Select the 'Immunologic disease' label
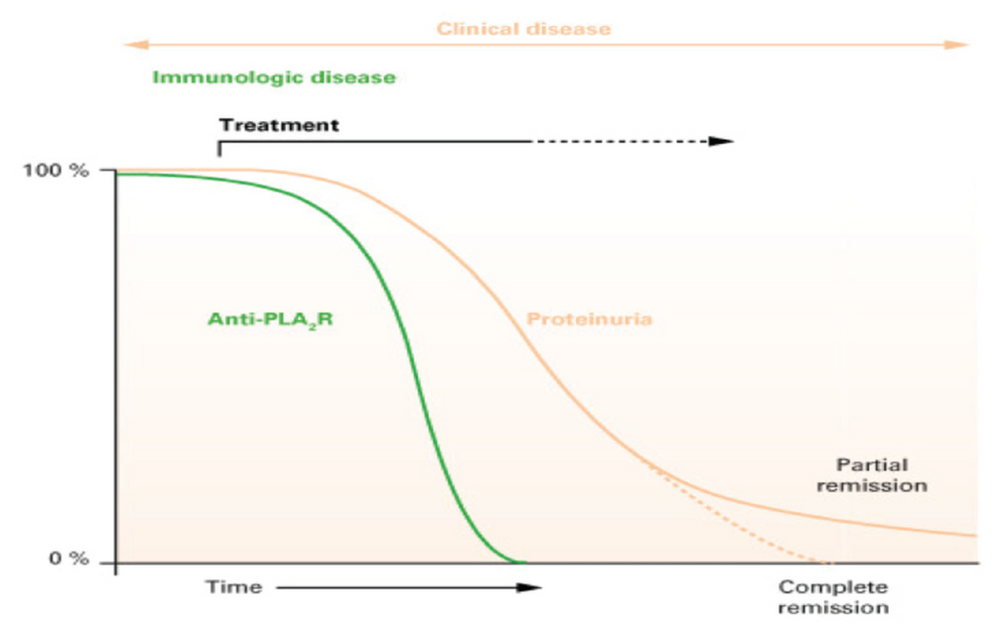pos(273,77)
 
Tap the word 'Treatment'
pos(279,126)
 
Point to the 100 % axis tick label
pos(71,170)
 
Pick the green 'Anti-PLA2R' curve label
pos(270,320)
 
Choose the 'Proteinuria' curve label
pos(589,320)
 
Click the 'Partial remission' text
pos(882,475)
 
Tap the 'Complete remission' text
pos(833,597)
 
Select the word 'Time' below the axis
pos(233,587)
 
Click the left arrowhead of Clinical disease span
pos(127,45)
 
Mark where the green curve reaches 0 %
pos(518,563)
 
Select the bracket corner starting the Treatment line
pos(218,142)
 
